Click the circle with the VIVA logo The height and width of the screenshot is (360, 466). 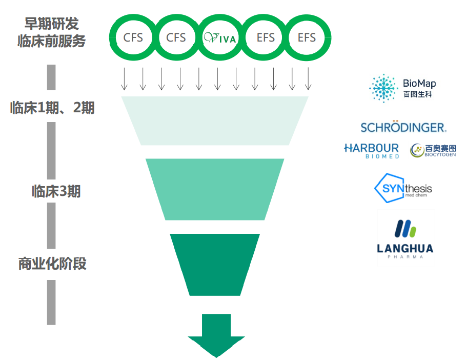click(219, 37)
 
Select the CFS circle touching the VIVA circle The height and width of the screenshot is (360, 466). click(176, 37)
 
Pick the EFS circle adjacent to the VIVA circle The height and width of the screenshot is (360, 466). click(266, 37)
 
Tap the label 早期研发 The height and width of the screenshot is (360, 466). click(52, 24)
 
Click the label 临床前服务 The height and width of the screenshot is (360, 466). click(52, 41)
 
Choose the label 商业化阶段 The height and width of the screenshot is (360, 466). click(52, 264)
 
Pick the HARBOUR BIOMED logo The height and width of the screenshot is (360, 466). click(372, 150)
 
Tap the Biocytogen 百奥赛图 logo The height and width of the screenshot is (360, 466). click(433, 150)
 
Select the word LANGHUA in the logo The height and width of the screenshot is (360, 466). click(405, 249)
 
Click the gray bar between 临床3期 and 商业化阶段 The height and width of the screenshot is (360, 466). click(51, 226)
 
